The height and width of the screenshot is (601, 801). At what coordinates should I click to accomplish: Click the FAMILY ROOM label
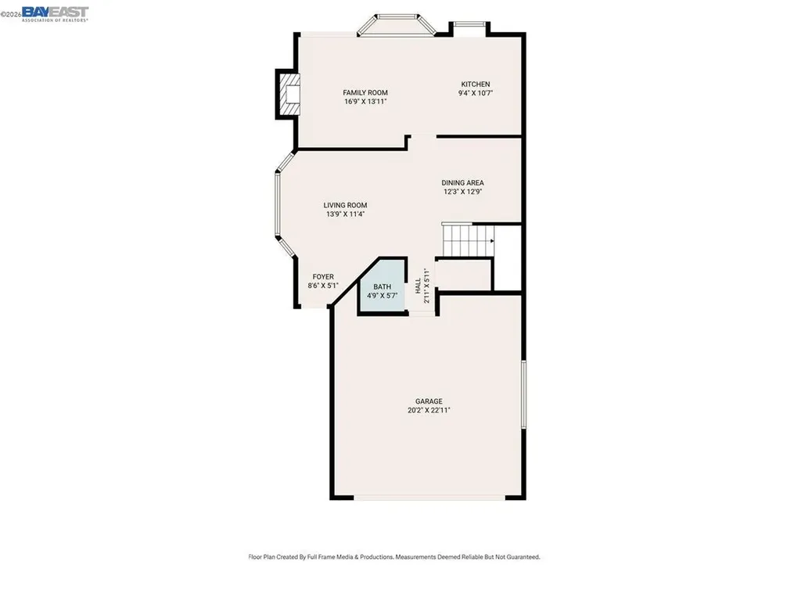point(365,92)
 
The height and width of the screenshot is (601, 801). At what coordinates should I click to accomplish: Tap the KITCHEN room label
point(475,84)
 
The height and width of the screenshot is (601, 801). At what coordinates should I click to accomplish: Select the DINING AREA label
point(462,182)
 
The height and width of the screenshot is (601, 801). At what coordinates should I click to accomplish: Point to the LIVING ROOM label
point(345,205)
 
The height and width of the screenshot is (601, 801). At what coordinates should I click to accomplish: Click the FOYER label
point(323,276)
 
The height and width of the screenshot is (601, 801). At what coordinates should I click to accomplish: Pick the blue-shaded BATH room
point(383,291)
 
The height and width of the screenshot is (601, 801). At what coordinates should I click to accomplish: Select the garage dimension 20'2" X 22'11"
point(429,409)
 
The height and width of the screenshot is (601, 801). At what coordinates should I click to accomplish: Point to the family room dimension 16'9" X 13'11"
point(365,102)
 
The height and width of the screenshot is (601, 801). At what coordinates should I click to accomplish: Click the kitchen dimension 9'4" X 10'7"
point(475,93)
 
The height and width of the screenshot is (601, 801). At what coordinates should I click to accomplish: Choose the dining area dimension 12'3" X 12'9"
point(462,192)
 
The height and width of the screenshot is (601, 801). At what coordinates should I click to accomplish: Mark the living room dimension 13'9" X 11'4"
point(345,214)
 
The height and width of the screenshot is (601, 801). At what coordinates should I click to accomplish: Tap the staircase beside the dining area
point(468,239)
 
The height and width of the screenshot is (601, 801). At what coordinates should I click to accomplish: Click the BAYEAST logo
point(56,13)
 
